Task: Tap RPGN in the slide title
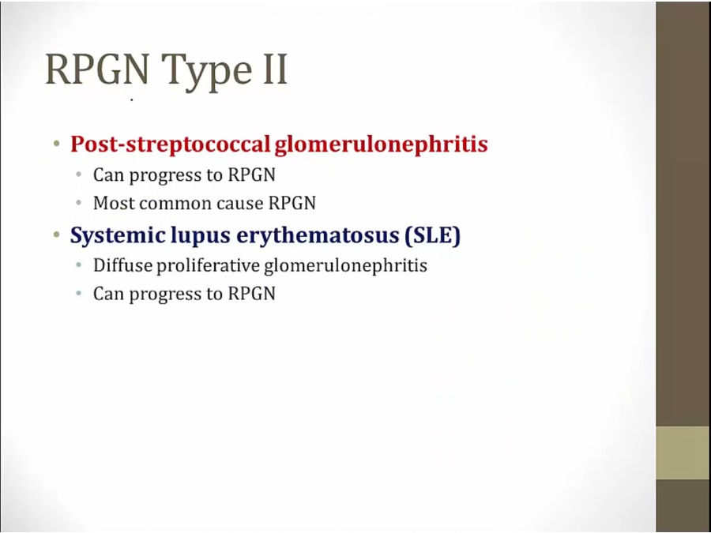click(97, 69)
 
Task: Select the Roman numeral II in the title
click(274, 69)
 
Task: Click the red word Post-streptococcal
click(171, 145)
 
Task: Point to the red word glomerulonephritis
click(382, 145)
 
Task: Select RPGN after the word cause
click(292, 203)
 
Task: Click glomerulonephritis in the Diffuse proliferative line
click(345, 266)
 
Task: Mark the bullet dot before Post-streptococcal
click(56, 145)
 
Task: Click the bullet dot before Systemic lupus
click(56, 235)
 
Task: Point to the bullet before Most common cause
click(79, 203)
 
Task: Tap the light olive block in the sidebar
click(683, 452)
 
